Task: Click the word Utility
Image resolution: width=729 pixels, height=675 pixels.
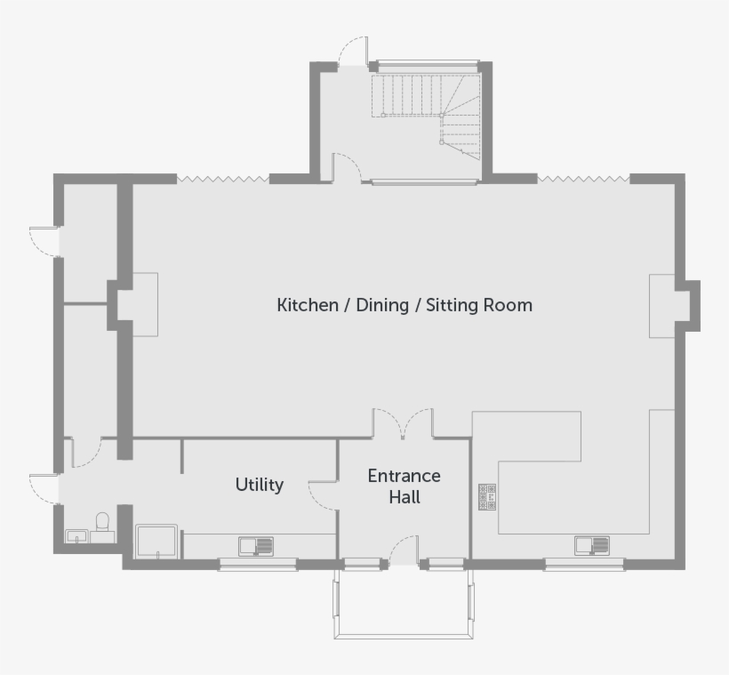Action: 259,486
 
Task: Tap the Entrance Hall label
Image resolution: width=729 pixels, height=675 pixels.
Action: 404,486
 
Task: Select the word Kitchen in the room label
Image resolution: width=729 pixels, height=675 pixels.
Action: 308,305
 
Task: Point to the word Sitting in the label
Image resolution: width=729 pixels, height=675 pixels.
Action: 453,305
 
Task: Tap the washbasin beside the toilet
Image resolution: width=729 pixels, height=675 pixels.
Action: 76,536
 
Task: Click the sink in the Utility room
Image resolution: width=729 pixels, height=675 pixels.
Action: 256,546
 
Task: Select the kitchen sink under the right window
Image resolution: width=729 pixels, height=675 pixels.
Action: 592,546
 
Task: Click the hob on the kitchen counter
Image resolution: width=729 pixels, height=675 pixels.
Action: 487,497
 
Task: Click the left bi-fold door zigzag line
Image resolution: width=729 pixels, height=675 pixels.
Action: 223,179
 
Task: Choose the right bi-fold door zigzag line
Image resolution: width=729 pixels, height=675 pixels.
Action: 583,179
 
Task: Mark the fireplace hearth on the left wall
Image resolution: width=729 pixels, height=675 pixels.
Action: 146,305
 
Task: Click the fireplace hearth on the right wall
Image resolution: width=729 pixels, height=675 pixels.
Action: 662,306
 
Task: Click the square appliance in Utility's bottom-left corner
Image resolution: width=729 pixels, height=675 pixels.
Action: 156,541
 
